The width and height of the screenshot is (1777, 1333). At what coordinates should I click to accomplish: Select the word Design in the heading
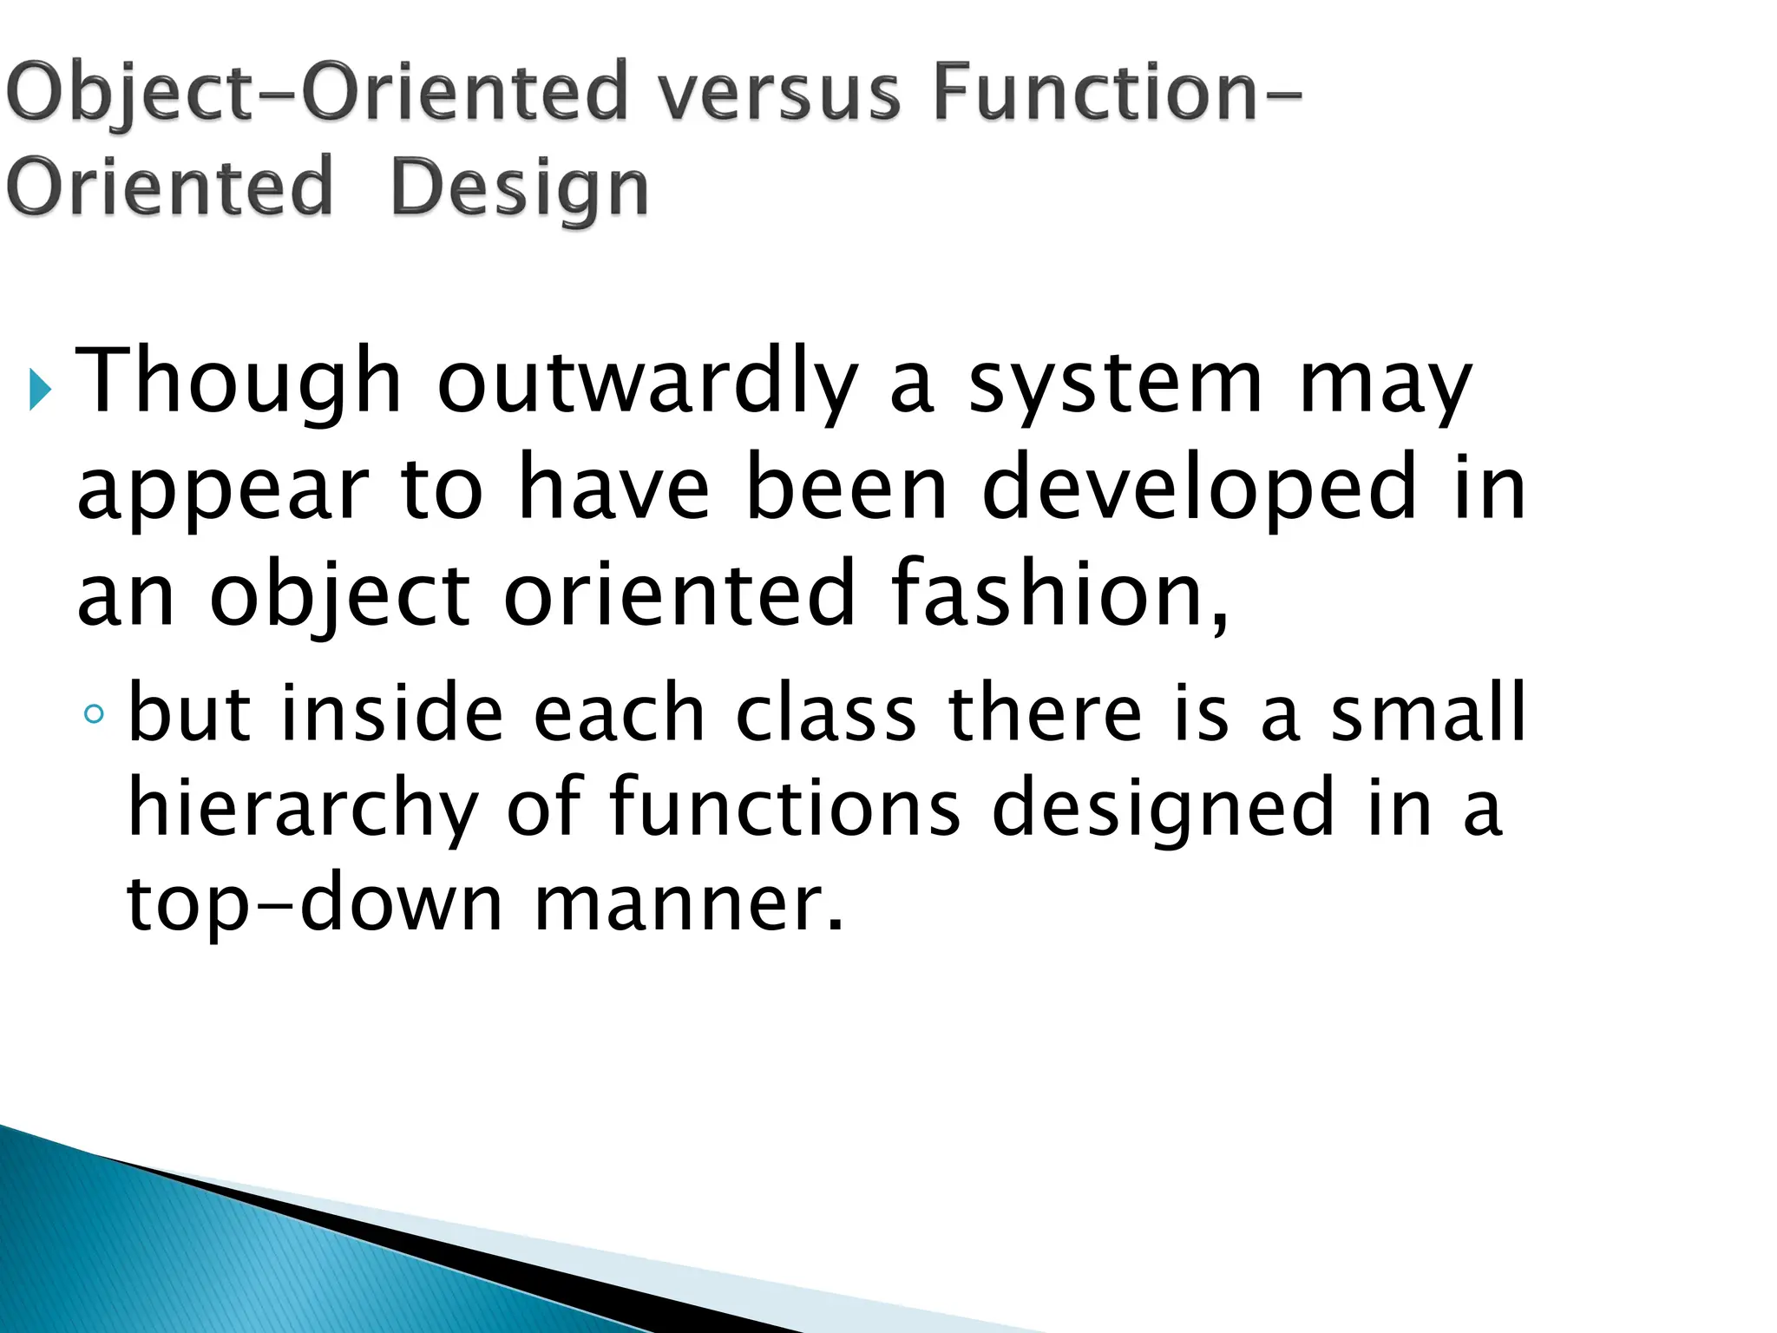point(519,188)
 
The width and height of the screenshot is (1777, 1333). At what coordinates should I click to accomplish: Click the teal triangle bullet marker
point(40,390)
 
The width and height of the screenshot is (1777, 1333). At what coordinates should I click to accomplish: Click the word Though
point(239,382)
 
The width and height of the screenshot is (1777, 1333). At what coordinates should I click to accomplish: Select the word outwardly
point(647,382)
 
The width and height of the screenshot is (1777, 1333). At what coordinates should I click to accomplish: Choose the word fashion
point(1059,594)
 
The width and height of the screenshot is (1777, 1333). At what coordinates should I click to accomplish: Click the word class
point(826,713)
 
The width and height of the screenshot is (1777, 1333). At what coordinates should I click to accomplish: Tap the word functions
point(785,806)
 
